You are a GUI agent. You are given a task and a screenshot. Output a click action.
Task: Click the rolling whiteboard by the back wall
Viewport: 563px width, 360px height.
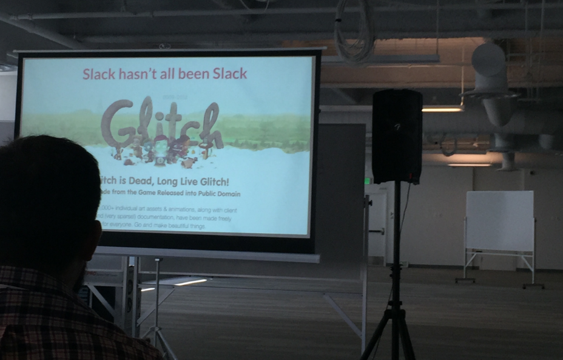(499, 222)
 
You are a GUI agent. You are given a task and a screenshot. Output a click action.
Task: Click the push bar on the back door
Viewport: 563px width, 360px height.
(377, 231)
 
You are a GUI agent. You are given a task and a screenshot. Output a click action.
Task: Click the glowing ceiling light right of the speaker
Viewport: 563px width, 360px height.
(442, 109)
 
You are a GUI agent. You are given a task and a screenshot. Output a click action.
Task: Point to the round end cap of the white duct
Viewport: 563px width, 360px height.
(488, 59)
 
